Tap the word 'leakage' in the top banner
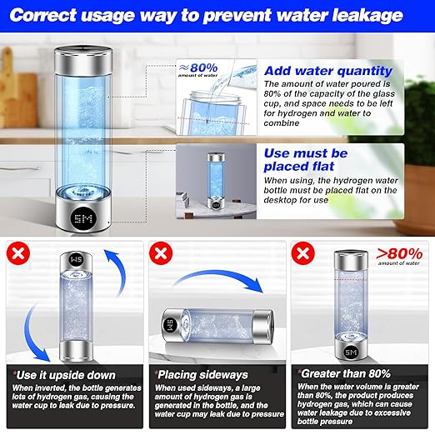(x=362, y=15)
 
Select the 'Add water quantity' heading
(x=327, y=71)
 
